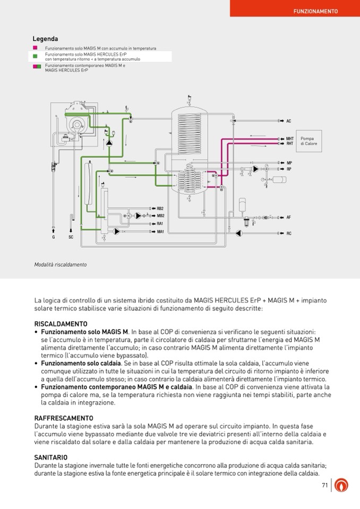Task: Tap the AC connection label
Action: pos(289,121)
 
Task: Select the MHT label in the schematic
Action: pos(290,139)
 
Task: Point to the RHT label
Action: pos(290,143)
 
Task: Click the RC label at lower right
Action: pos(289,234)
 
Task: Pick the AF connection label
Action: pos(289,217)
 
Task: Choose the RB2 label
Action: pos(160,209)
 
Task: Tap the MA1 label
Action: pos(160,231)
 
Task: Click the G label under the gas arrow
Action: pos(53,237)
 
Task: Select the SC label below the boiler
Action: pos(71,237)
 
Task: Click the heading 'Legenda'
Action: pos(45,39)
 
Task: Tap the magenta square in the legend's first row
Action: pos(35,48)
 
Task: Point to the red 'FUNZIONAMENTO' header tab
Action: pos(315,11)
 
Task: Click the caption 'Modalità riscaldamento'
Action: pos(60,264)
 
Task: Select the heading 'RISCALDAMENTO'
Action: pos(61,324)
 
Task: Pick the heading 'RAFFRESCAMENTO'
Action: pos(63,418)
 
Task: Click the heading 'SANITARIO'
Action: pos(50,457)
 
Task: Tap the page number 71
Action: pos(325,485)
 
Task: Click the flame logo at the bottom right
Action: pos(343,485)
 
